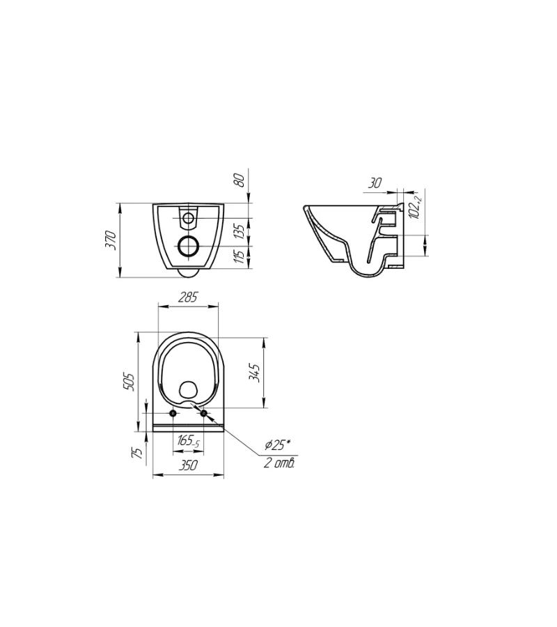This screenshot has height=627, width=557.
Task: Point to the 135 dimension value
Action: click(239, 231)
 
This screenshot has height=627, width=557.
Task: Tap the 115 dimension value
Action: click(239, 256)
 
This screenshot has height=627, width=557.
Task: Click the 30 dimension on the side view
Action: click(375, 183)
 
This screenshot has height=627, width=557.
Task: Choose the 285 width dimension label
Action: click(188, 297)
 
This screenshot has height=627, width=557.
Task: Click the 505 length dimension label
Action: click(129, 382)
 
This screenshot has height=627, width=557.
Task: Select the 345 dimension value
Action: click(255, 373)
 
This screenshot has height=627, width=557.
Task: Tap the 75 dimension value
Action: click(137, 453)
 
